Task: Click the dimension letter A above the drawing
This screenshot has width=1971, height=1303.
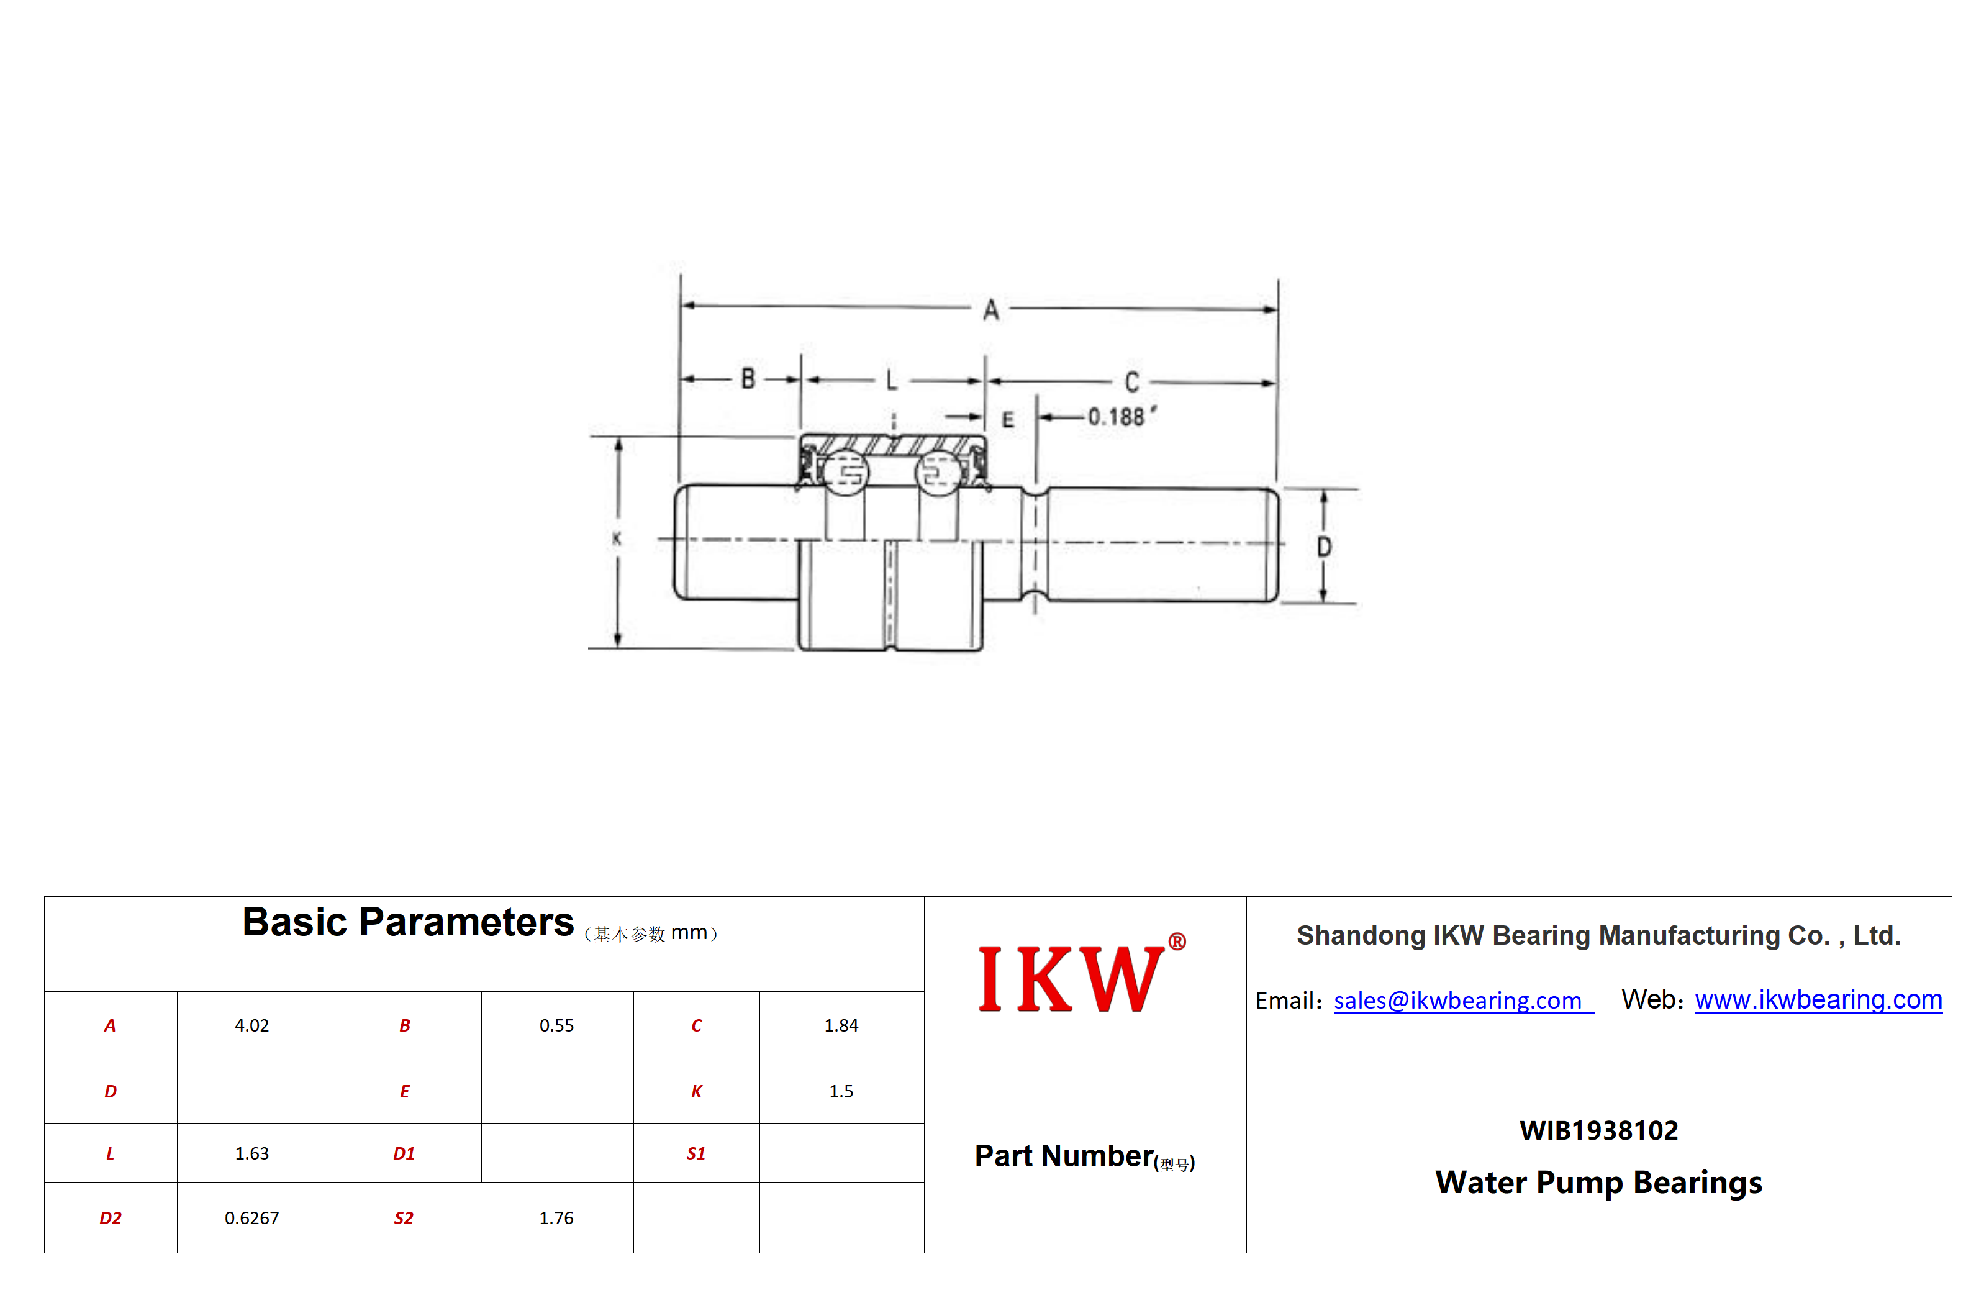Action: [990, 311]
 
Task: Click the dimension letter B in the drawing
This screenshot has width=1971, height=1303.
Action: [748, 379]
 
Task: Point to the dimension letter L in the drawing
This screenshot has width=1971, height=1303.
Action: [892, 381]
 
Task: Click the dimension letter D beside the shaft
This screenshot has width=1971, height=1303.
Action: [1324, 547]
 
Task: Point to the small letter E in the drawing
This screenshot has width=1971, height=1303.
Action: [1007, 420]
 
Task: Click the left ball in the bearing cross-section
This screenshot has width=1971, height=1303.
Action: [845, 473]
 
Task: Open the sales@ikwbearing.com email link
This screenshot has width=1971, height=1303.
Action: [1457, 1001]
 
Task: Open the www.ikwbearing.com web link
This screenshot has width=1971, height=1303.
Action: [1818, 1000]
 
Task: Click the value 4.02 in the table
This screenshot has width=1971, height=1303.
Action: [251, 1025]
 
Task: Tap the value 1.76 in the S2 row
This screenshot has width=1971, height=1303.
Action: [556, 1219]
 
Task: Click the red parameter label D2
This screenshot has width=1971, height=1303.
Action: [111, 1219]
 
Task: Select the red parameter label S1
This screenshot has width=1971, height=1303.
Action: [696, 1153]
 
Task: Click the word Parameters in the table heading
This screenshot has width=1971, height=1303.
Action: [466, 922]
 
